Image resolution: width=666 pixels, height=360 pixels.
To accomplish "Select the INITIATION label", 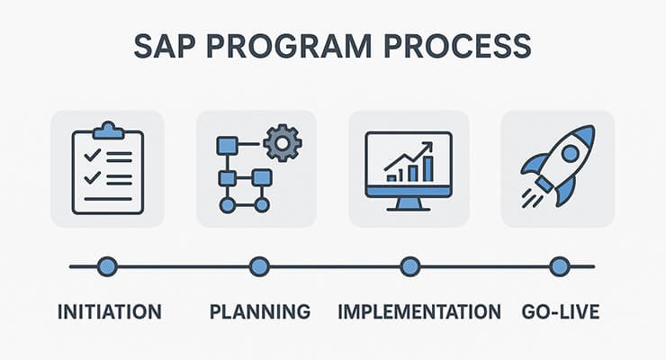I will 109,312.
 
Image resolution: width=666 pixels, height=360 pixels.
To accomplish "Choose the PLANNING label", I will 260,312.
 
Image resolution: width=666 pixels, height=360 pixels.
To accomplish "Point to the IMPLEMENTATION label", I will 419,312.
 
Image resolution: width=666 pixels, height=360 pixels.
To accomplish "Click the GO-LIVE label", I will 560,312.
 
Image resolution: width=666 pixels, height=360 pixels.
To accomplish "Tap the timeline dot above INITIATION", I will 107,266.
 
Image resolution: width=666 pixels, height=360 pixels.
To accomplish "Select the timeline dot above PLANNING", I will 259,266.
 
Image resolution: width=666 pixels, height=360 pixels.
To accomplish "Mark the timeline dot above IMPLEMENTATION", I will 409,266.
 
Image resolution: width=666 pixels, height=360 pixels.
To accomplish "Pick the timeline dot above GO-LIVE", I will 560,266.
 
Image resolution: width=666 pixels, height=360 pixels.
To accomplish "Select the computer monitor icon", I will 409,166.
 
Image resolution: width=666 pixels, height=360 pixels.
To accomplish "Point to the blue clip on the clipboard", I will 107,130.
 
